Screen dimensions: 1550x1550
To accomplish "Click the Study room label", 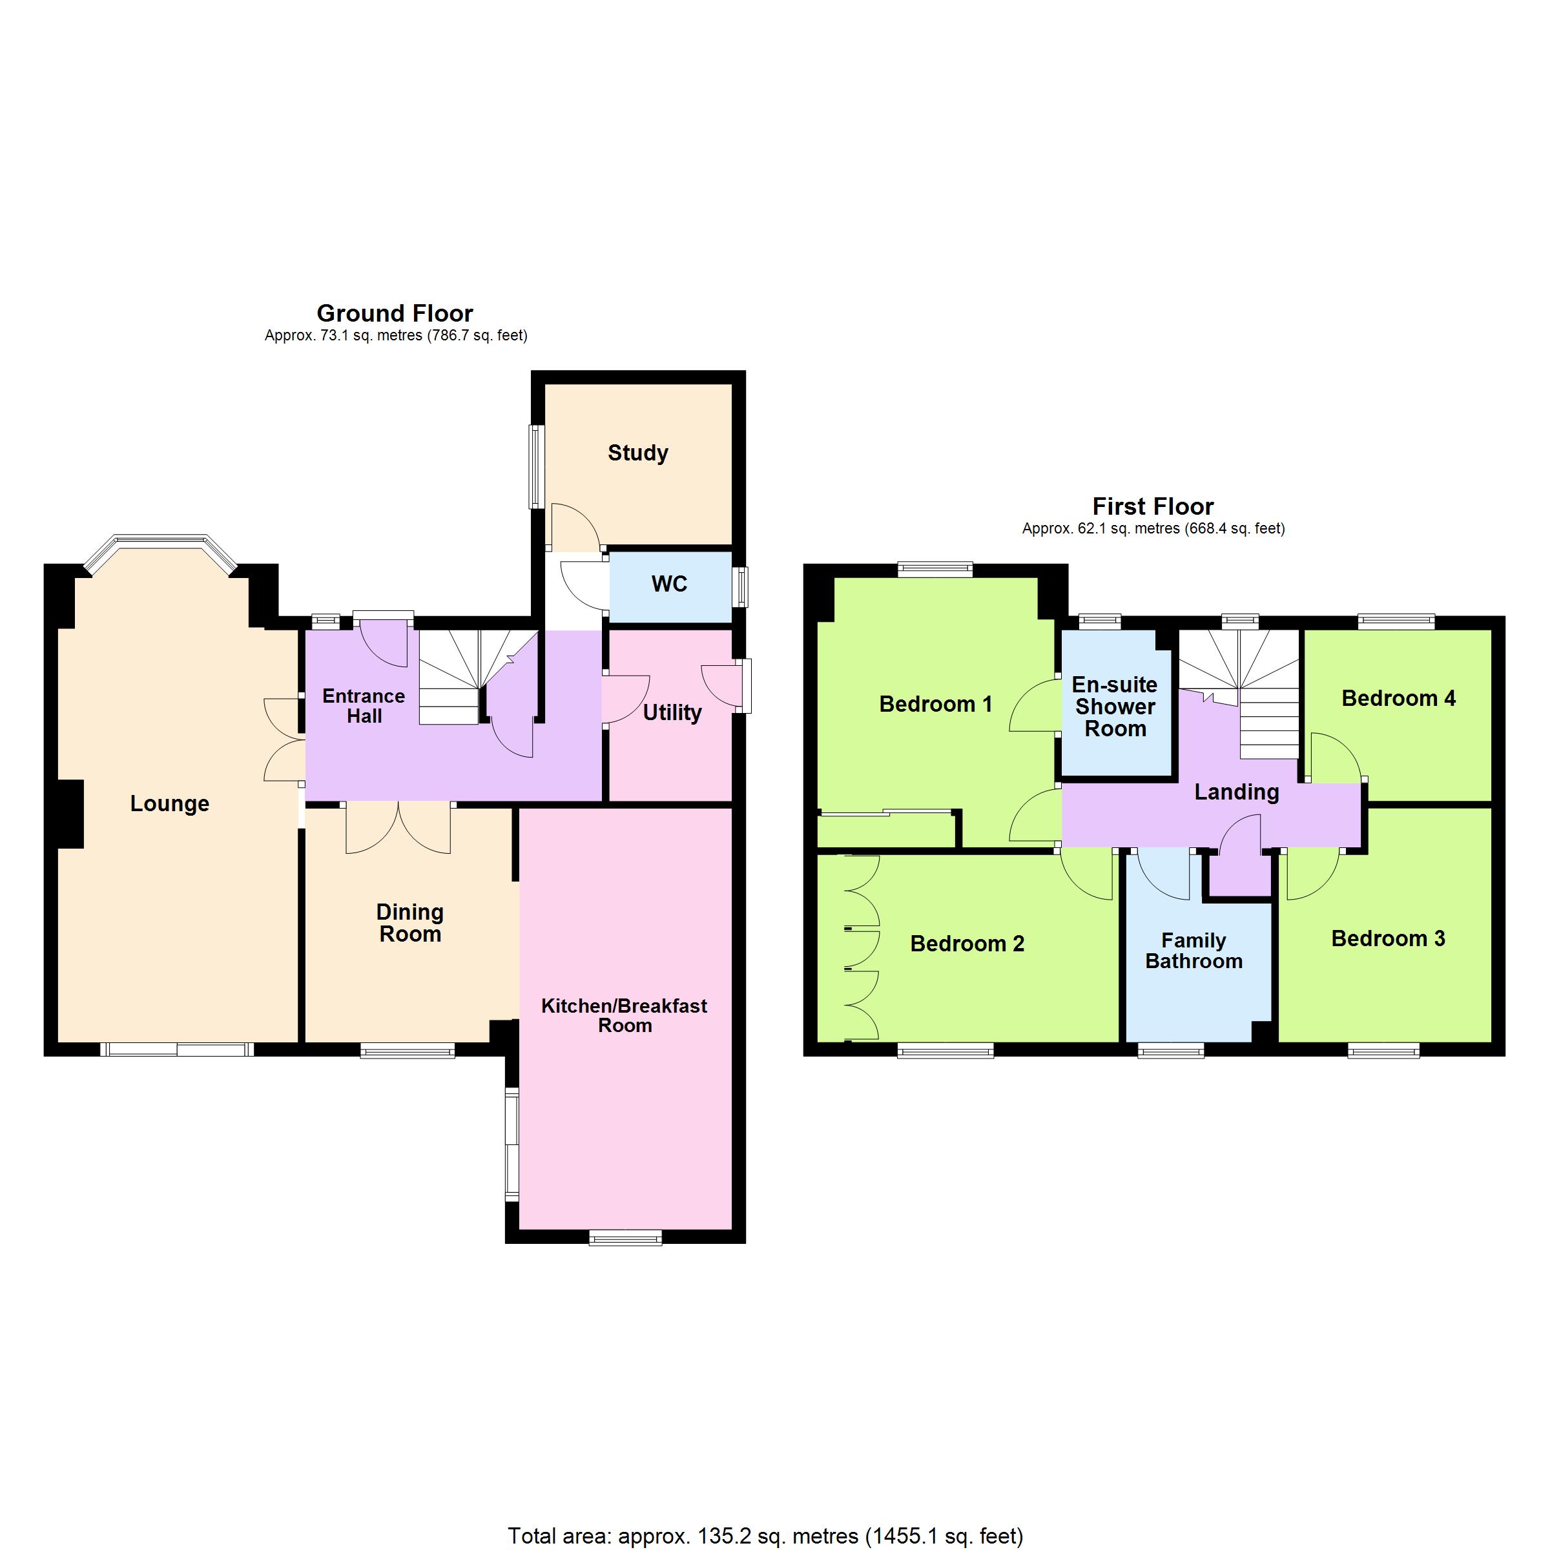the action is (x=638, y=453).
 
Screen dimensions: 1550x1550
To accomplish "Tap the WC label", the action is (x=669, y=584).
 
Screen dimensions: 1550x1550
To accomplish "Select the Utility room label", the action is (x=672, y=713).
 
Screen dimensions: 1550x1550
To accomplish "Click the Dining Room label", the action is (x=410, y=923).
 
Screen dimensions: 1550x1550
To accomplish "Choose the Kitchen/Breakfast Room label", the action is (x=624, y=1016).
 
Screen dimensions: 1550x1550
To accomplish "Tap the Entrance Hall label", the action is (x=364, y=706).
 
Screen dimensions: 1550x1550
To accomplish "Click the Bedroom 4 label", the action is (x=1398, y=699).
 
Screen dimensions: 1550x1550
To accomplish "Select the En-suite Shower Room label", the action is (x=1115, y=707).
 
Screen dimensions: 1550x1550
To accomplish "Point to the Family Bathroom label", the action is (x=1193, y=951).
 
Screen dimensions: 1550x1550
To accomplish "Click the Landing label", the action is (x=1236, y=792).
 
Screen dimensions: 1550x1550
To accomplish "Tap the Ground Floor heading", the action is (x=395, y=313).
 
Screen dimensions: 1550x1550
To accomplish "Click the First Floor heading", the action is (x=1153, y=506).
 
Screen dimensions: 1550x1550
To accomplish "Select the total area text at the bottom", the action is (x=765, y=1536).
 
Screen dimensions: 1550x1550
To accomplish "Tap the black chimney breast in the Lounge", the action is (x=70, y=814).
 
